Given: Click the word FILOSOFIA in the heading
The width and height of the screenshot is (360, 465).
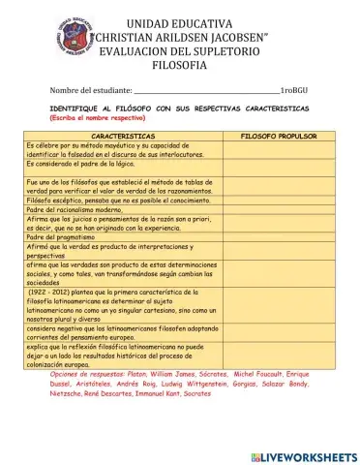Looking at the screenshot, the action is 179,64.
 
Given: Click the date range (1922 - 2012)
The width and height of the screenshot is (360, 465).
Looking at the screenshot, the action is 57,291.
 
